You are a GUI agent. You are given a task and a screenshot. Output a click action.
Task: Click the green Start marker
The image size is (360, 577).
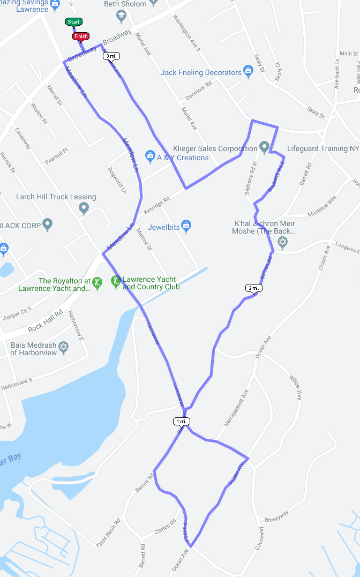(x=74, y=21)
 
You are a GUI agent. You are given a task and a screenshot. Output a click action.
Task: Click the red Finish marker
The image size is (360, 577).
(x=80, y=36)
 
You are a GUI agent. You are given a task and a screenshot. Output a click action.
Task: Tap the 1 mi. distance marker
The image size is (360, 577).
(x=182, y=421)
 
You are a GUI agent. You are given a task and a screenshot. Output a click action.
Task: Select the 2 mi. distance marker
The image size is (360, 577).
(x=254, y=288)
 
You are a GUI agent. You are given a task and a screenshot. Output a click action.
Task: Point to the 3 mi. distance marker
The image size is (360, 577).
(x=111, y=56)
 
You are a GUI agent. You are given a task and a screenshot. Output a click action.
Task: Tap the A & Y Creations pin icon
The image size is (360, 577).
(x=150, y=157)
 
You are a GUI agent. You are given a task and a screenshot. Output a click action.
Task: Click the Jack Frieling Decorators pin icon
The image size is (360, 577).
(x=248, y=71)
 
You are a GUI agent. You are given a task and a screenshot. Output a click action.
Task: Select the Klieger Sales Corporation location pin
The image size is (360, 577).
(x=264, y=146)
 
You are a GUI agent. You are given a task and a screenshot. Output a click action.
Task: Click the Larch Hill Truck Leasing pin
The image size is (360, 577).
(x=83, y=208)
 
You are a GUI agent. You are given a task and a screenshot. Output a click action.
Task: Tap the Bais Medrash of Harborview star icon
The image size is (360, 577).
(x=64, y=348)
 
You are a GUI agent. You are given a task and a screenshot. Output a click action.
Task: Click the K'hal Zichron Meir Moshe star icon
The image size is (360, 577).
(x=282, y=242)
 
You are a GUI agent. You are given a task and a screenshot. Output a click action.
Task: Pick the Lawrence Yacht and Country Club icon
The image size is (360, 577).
(x=115, y=281)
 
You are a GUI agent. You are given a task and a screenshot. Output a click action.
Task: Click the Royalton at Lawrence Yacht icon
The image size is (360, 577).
(x=97, y=282)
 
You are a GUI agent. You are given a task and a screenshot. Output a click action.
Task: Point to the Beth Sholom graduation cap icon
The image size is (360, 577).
(x=121, y=16)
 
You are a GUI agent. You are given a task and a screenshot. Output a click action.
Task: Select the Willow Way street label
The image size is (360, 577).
(x=296, y=387)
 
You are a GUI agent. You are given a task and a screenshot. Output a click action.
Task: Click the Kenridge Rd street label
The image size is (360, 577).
(x=157, y=201)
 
